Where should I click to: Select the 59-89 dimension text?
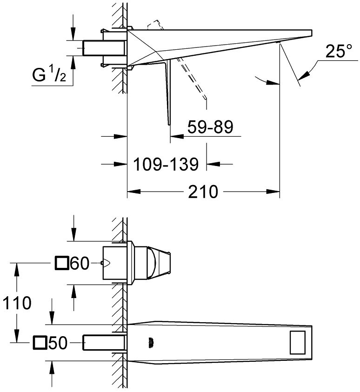tap(211, 126)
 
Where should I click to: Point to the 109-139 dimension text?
tap(166, 164)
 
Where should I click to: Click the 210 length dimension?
tap(204, 191)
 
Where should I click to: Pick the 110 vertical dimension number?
tap(16, 303)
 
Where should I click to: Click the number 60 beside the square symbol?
tap(79, 264)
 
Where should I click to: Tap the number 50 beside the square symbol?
tap(58, 343)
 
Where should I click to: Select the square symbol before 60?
tap(62, 264)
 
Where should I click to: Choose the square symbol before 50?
tap(40, 343)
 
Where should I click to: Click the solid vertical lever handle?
tap(167, 93)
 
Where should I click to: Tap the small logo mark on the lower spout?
tap(151, 342)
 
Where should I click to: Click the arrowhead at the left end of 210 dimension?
tap(132, 191)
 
